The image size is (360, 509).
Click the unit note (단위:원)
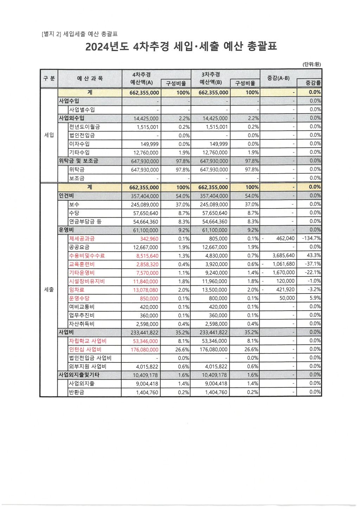click(x=311, y=64)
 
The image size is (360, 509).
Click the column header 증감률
click(x=313, y=83)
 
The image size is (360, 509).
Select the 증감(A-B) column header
click(x=278, y=78)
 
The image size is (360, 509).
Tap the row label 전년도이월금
click(x=84, y=127)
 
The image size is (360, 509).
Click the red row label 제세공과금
click(x=82, y=239)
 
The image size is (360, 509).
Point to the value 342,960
click(x=149, y=239)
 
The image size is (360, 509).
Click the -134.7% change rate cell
click(x=311, y=238)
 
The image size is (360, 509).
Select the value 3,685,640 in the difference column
click(x=283, y=256)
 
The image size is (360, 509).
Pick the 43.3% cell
click(x=314, y=256)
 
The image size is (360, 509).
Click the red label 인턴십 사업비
click(x=85, y=349)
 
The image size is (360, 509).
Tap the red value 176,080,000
click(x=144, y=350)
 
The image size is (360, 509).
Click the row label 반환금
click(x=77, y=392)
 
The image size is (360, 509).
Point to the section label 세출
click(x=49, y=290)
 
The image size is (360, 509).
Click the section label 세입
click(x=49, y=135)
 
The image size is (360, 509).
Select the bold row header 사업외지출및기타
click(x=79, y=375)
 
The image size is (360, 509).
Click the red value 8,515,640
click(x=147, y=256)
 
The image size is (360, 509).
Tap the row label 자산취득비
click(x=82, y=324)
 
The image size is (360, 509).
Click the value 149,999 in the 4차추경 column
click(x=149, y=144)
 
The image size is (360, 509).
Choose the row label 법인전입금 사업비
click(x=90, y=358)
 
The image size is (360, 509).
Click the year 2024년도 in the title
click(x=107, y=46)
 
